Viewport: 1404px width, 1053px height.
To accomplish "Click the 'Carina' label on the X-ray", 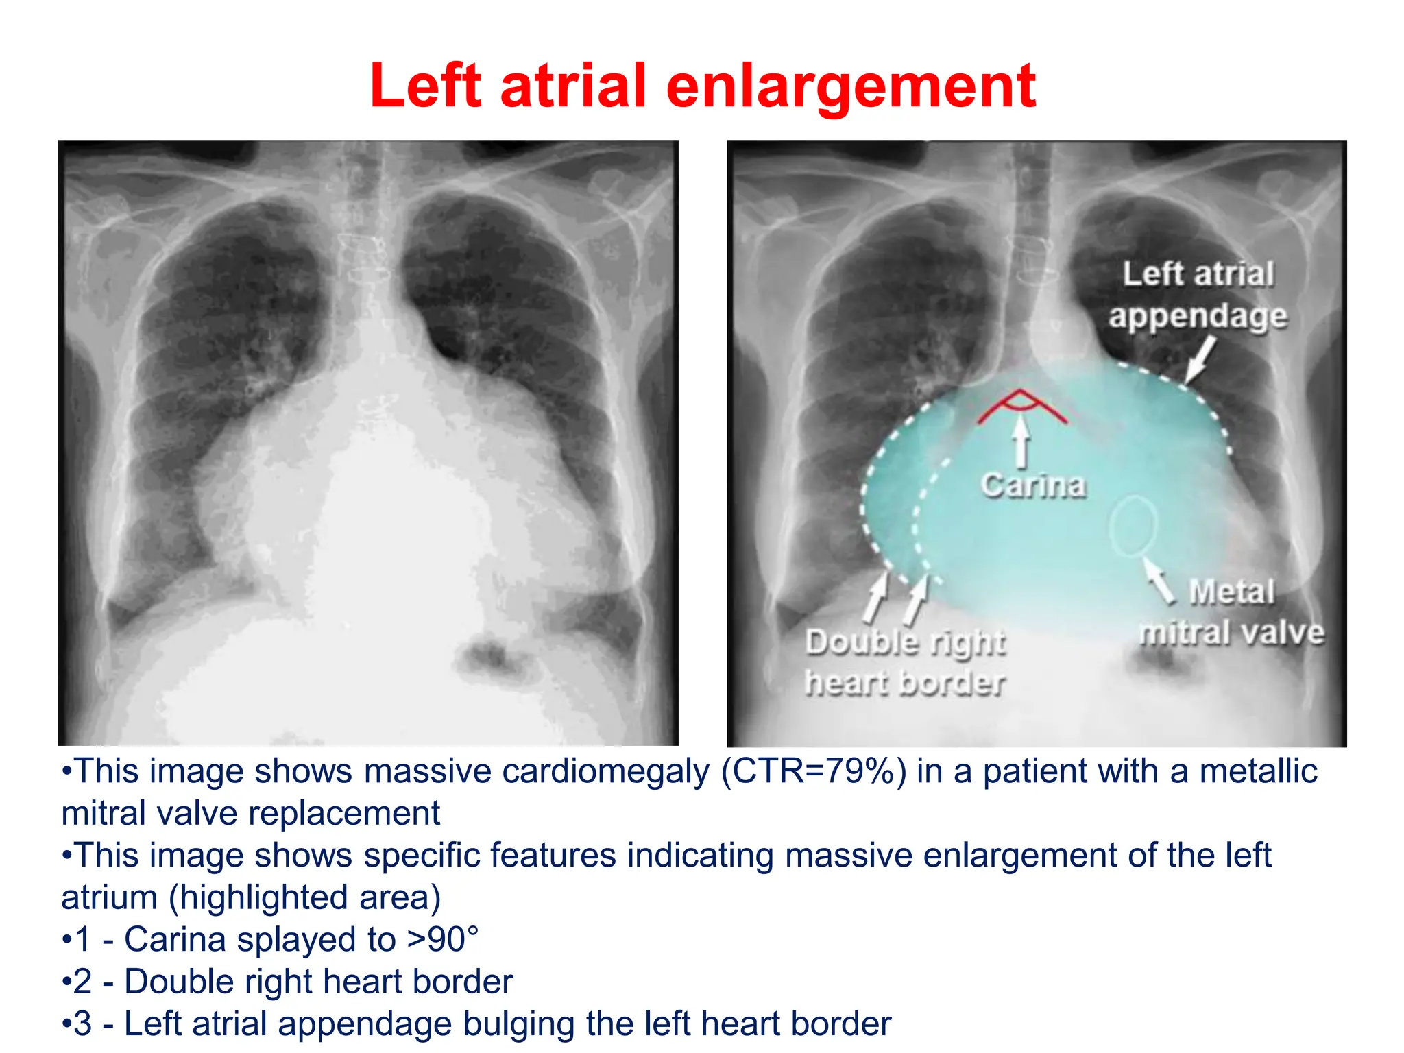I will point(1033,485).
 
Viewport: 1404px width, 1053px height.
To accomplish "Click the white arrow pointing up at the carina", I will point(1021,442).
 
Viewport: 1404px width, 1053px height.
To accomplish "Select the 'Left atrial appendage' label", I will point(1198,295).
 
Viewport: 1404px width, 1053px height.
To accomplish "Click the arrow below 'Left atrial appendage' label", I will point(1200,359).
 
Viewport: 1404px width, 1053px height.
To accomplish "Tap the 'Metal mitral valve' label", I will point(1231,612).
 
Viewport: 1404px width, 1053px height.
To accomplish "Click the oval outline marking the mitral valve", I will point(1133,525).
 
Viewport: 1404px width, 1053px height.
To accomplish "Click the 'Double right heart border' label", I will point(905,662).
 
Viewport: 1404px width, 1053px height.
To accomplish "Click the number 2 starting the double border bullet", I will point(82,982).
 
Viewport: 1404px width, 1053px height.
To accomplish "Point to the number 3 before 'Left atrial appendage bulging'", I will point(82,1024).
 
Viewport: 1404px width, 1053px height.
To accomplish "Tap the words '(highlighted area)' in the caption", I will point(304,897).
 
